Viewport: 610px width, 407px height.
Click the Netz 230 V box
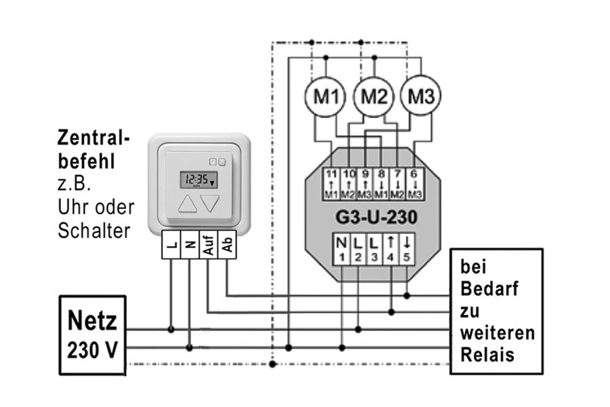pos(92,334)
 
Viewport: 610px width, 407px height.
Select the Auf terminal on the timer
pos(208,245)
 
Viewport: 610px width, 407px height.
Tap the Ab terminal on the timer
pos(227,245)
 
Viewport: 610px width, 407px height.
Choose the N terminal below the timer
pos(189,245)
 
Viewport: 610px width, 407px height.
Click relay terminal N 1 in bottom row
pos(342,248)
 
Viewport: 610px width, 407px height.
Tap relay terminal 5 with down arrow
pos(407,248)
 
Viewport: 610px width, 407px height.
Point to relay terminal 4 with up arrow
pos(390,248)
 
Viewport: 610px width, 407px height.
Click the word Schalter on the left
pos(94,230)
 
